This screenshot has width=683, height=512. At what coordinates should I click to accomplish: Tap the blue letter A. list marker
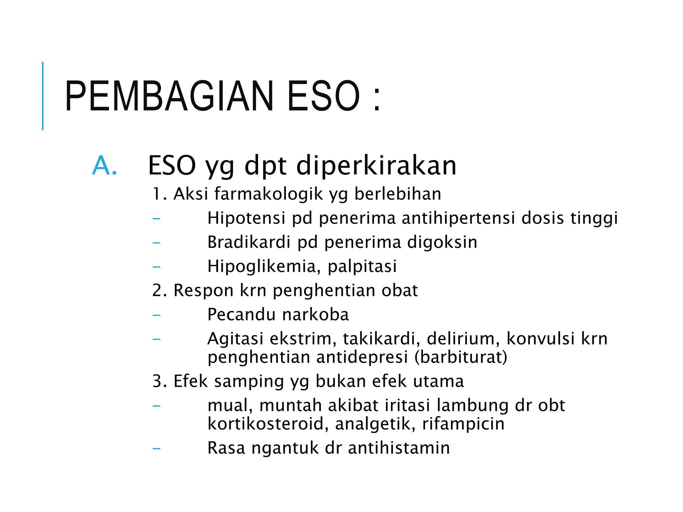pos(104,166)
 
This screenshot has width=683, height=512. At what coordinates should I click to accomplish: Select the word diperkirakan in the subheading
pos(376,166)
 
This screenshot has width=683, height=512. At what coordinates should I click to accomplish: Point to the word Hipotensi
pos(246,218)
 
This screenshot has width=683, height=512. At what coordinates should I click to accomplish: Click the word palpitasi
pos(362,266)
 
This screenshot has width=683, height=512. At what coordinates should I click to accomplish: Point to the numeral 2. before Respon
pos(159,290)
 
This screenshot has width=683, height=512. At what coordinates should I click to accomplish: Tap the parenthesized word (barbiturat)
pos(461,357)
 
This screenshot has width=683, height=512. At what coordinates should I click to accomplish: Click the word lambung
pos(473,406)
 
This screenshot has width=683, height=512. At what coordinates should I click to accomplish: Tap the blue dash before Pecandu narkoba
pos(156,315)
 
